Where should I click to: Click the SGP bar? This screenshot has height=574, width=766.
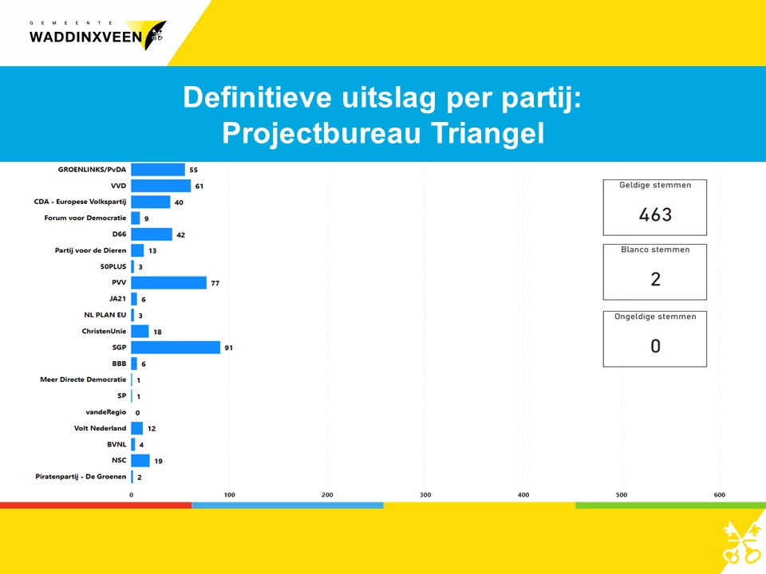176,348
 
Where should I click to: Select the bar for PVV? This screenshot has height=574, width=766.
169,282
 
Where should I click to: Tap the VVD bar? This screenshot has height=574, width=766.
161,186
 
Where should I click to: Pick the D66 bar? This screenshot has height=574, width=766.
152,234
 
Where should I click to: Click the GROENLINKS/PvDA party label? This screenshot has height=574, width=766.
92,169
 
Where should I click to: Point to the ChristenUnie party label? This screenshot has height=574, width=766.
104,331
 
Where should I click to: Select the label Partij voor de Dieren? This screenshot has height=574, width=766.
90,250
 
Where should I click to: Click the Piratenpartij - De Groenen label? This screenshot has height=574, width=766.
81,477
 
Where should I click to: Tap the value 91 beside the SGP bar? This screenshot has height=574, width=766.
229,348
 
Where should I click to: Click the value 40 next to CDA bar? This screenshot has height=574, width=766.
179,202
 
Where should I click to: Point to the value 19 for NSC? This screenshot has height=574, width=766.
158,461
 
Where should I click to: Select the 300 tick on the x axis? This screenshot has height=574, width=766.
425,494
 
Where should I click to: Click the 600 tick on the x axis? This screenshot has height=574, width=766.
719,494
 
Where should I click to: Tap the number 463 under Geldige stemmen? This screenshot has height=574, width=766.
655,214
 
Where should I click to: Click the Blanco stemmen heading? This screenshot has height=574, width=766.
655,250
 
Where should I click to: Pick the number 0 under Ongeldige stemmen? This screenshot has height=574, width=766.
656,346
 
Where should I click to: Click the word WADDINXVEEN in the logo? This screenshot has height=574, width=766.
85,37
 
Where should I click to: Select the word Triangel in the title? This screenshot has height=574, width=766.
488,133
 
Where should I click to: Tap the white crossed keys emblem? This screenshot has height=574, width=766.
741,542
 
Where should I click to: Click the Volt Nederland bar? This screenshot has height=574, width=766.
137,429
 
